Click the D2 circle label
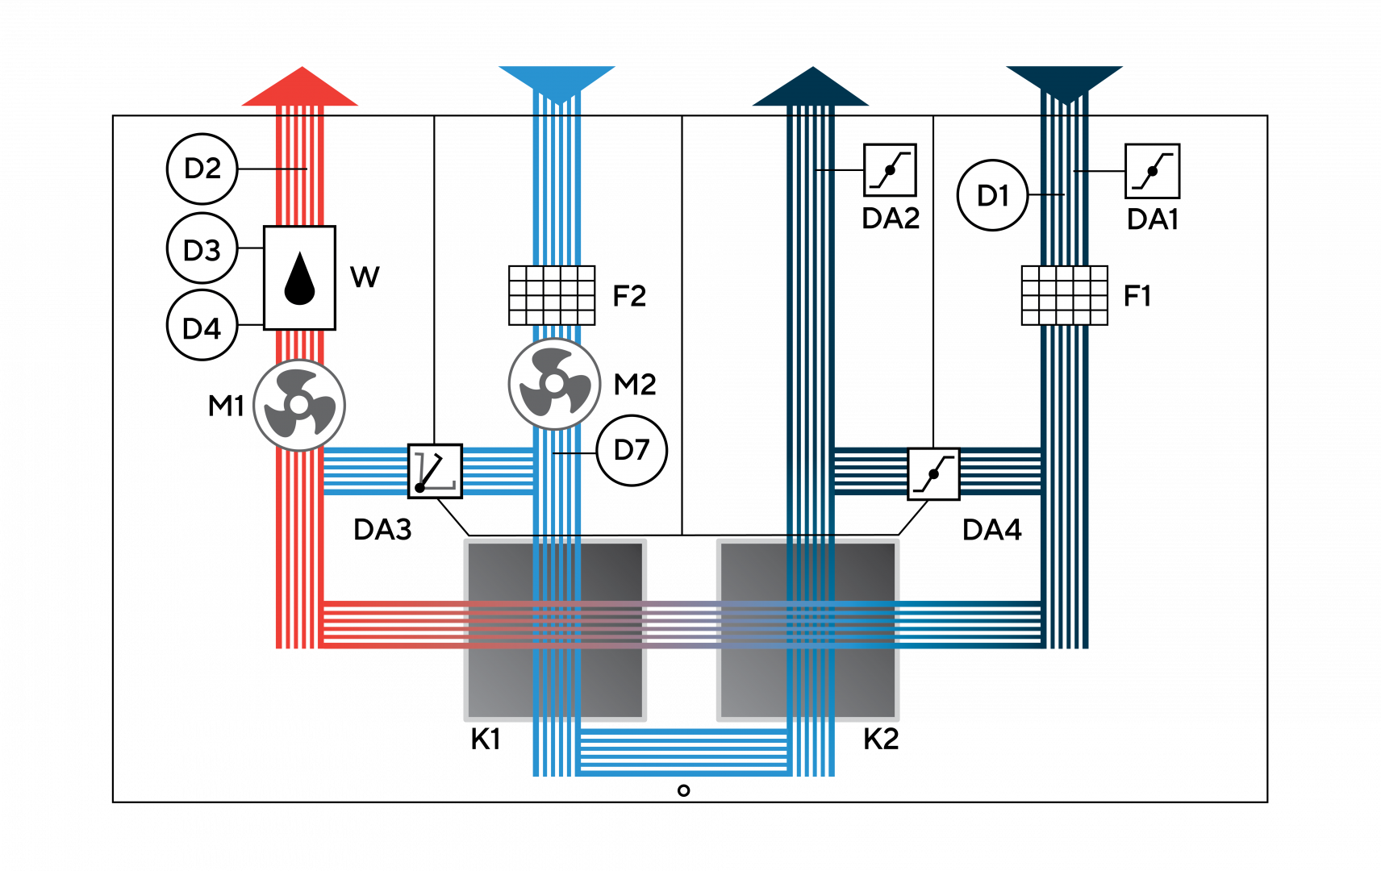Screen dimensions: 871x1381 pyautogui.click(x=202, y=169)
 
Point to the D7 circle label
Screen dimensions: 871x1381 pyautogui.click(x=632, y=450)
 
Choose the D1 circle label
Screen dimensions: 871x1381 pyautogui.click(x=992, y=195)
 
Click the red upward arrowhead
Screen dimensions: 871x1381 pyautogui.click(x=300, y=88)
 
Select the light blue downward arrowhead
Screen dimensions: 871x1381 pyautogui.click(x=557, y=81)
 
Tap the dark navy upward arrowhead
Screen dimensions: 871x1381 pyautogui.click(x=811, y=88)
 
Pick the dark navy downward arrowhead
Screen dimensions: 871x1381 pyautogui.click(x=1064, y=81)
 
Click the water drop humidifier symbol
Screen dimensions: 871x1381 pyautogui.click(x=299, y=278)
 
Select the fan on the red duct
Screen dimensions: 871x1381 pyautogui.click(x=299, y=405)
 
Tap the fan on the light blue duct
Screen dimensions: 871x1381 pyautogui.click(x=554, y=384)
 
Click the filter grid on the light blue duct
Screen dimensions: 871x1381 pyautogui.click(x=552, y=295)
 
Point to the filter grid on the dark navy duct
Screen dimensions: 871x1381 pyautogui.click(x=1064, y=295)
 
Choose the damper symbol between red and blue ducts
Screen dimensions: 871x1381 pyautogui.click(x=435, y=471)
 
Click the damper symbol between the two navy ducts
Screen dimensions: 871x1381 pyautogui.click(x=933, y=473)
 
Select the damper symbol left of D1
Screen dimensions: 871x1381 pyautogui.click(x=890, y=170)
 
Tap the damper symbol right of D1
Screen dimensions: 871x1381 pyautogui.click(x=1152, y=171)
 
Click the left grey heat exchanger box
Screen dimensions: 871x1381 pyautogui.click(x=555, y=630)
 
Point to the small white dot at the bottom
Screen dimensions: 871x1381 pyautogui.click(x=684, y=790)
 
